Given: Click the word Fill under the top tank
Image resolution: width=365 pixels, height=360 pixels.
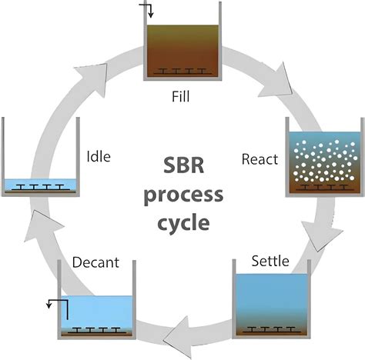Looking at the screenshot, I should pos(182,98).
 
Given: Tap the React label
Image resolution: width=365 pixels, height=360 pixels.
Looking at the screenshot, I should pos(260,160).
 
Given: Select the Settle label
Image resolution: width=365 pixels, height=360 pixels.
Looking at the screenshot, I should pos(270,262).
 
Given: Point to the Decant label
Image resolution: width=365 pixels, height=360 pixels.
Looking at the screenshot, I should pos(95,263).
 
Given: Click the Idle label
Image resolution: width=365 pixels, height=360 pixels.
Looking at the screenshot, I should pos(99,158).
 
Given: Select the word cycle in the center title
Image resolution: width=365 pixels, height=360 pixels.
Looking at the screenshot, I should pos(182,225).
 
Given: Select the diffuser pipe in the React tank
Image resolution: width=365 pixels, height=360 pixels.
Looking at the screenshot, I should pos(324,187).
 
